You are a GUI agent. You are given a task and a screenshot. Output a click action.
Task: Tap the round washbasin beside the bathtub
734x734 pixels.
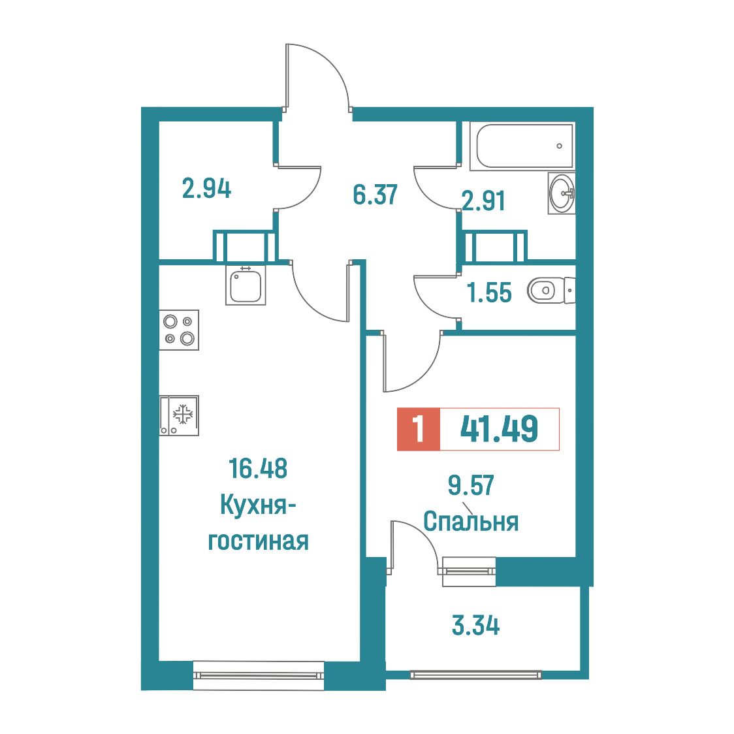[562, 193]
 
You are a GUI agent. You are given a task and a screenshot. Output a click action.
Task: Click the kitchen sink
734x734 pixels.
[246, 285]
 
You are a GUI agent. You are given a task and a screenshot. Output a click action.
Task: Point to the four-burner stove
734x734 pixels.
[179, 330]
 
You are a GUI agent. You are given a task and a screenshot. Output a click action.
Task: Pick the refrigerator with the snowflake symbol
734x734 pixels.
[179, 415]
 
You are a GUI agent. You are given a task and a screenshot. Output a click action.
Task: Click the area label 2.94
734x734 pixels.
[206, 189]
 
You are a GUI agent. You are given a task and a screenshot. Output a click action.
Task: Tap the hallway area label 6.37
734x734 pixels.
[375, 194]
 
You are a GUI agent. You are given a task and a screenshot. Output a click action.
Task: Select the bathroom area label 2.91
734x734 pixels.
[483, 201]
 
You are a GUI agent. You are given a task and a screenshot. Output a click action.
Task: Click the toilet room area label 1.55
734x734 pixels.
[489, 292]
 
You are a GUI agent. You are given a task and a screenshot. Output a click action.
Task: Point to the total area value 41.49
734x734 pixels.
[499, 429]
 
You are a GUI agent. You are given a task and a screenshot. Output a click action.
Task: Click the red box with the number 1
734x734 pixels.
[419, 429]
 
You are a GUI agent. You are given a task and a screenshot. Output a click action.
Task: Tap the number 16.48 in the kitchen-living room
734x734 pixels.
[258, 468]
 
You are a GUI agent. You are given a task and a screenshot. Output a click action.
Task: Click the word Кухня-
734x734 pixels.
[258, 505]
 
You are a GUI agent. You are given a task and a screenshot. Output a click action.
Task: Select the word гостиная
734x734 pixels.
[259, 541]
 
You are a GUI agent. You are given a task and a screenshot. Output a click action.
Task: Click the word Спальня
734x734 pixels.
[471, 521]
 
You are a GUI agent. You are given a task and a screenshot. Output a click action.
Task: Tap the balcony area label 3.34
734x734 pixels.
[475, 625]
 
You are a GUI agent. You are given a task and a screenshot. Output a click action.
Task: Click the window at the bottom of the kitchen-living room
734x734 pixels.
[259, 675]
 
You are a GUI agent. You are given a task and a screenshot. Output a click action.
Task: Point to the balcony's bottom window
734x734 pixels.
[475, 675]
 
